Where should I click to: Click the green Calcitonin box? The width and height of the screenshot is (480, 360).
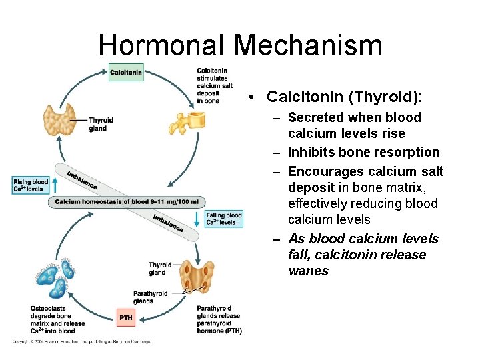point(126,72)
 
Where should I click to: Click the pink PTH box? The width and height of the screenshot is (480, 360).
point(126,317)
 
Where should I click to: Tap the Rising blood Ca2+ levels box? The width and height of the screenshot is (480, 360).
point(31,185)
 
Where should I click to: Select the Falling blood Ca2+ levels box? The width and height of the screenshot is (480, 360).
point(224,219)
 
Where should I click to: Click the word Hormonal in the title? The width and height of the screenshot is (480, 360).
point(160,45)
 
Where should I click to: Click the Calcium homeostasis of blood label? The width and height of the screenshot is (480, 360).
point(127,201)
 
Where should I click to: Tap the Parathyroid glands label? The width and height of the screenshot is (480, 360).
point(151,297)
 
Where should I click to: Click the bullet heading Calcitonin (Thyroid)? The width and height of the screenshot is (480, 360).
point(344,97)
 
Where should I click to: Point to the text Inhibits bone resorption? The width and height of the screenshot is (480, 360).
point(363,152)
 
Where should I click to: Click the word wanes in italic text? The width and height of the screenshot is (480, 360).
point(308,271)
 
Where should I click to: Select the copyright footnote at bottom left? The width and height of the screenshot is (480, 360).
point(81,342)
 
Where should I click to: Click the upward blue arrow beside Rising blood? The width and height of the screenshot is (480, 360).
point(55,185)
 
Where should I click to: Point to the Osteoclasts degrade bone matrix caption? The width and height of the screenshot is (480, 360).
point(57,319)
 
